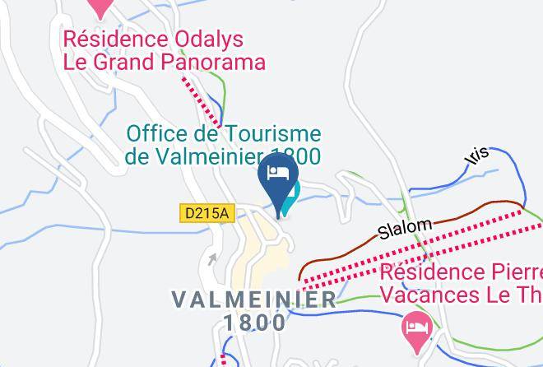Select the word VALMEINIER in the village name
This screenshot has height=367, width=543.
click(x=254, y=300)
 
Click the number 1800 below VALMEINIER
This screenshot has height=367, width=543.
click(x=254, y=323)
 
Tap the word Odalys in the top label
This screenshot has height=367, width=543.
click(x=216, y=39)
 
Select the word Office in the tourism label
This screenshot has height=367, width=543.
click(x=156, y=134)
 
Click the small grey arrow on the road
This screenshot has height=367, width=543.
click(x=213, y=260)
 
